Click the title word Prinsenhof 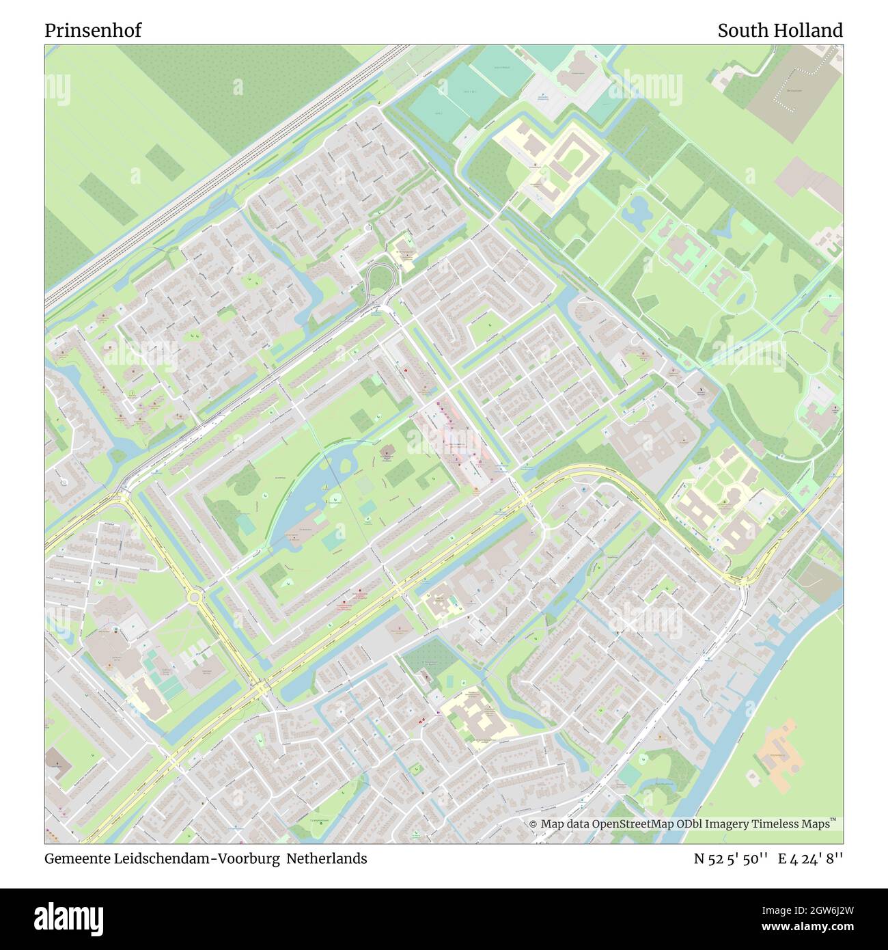coord(93,31)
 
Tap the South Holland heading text coord(779,31)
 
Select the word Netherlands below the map coord(327,858)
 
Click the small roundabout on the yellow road coord(195,597)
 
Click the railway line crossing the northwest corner coord(225,174)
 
